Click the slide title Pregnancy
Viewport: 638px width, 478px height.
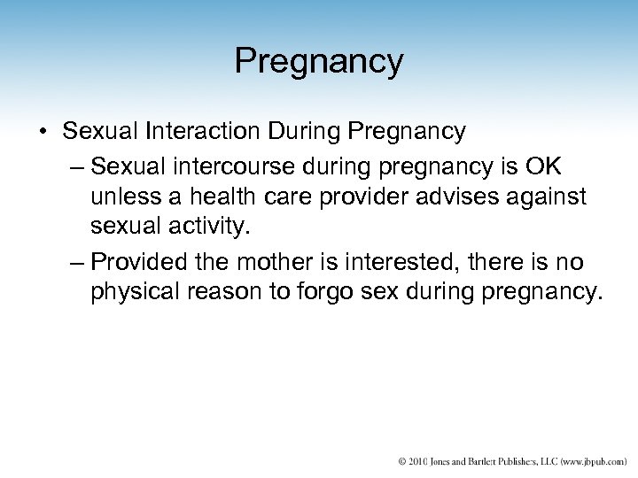tap(319, 61)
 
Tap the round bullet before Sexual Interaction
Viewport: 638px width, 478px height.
tap(43, 133)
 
